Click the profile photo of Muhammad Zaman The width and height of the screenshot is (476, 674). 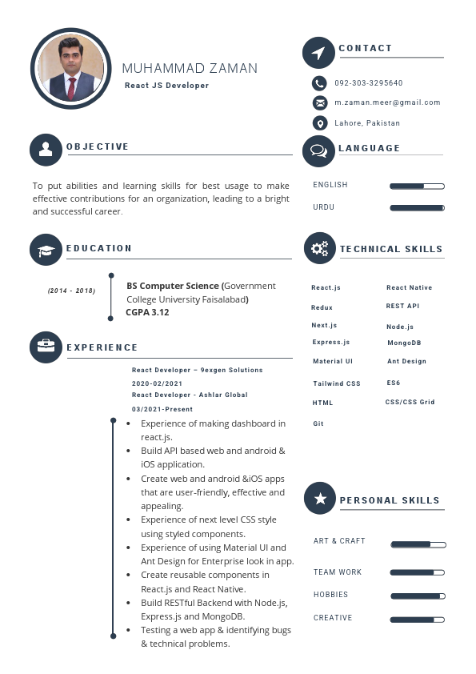coord(70,68)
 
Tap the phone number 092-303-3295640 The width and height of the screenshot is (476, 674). coord(368,83)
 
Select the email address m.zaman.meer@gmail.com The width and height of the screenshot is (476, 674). coord(387,103)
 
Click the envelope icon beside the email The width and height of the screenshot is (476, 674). coord(320,103)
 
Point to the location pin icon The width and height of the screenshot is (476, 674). coord(320,123)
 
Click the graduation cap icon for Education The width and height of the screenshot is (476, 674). coord(46,250)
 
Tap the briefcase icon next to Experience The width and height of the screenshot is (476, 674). coord(46,347)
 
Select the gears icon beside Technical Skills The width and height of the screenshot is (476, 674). coord(320,248)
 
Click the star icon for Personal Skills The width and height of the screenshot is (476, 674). coord(320,499)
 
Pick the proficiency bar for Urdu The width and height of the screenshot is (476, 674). coord(417,208)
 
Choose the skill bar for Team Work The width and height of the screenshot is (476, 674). coord(417,573)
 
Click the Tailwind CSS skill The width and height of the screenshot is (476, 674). coord(337,384)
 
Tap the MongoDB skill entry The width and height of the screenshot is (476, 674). coord(404,343)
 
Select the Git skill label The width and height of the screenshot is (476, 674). coord(318,424)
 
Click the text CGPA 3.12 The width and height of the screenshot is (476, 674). coord(147,313)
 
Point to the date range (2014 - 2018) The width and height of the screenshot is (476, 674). coord(71,291)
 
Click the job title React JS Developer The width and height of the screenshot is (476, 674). coord(166,86)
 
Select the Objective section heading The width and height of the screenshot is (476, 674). coord(98,147)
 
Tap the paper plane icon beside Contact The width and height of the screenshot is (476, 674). coord(318,53)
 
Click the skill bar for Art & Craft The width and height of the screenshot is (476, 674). coord(418,545)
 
